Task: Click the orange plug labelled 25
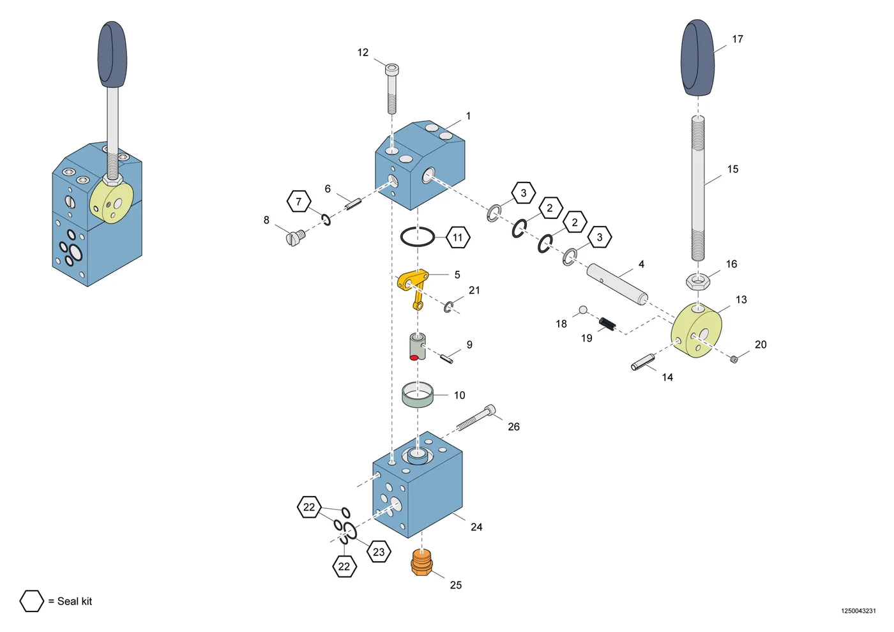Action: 421,562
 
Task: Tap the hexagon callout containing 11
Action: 458,237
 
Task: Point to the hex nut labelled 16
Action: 697,282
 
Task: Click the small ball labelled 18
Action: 583,310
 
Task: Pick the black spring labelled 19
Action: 607,324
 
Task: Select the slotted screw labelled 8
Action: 296,237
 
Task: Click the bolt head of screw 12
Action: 392,69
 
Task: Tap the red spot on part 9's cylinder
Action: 414,357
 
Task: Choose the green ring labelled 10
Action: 418,395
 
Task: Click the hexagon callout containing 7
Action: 299,202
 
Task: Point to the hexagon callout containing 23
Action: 379,552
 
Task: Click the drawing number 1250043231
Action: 858,611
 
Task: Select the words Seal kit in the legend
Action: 75,601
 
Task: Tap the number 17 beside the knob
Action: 738,39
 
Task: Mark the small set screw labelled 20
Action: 734,359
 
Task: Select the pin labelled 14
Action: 642,362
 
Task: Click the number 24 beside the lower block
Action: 476,527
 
